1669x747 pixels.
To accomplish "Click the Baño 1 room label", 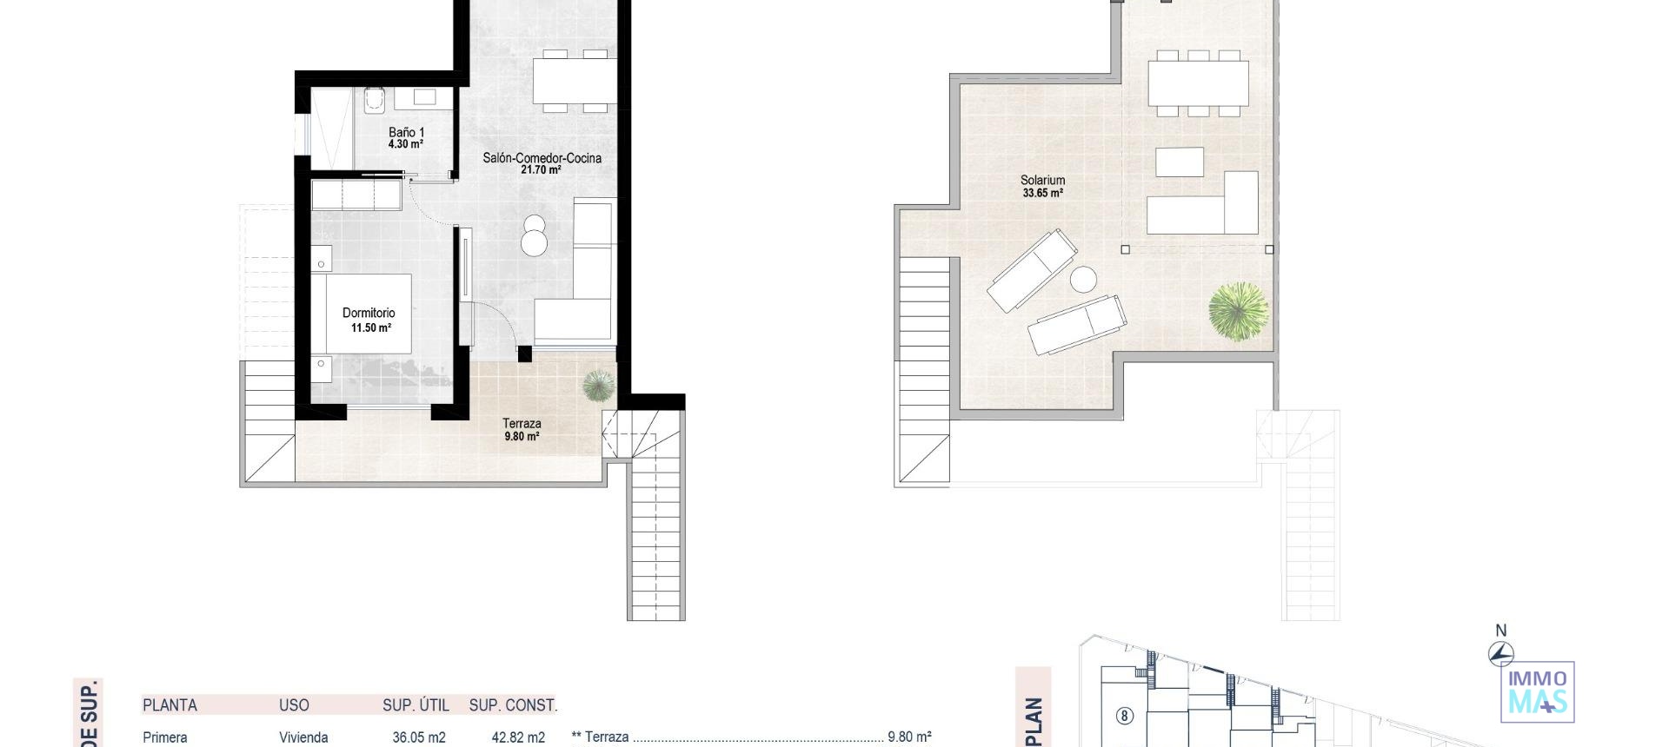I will [406, 133].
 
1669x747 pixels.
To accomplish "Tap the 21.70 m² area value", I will [541, 170].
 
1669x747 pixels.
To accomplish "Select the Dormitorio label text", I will [369, 313].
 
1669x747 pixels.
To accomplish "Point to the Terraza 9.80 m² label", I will [522, 430].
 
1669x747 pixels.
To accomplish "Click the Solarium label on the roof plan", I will [1042, 181].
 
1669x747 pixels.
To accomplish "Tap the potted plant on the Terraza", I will [598, 385].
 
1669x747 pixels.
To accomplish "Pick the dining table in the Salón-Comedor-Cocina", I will [575, 82].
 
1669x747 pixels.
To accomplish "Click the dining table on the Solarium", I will [1198, 83].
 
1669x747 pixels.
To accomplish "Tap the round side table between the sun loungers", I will [1083, 280].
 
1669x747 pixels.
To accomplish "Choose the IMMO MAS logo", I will [1538, 692].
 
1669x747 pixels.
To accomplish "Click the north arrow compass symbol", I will [1500, 652].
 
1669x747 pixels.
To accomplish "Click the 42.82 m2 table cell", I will [518, 737].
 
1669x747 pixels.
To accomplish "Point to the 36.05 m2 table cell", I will [419, 737].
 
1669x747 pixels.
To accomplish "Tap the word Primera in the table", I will [165, 737].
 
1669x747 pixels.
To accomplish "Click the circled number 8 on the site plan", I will [1125, 716].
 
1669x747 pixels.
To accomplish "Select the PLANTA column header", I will [170, 705].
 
